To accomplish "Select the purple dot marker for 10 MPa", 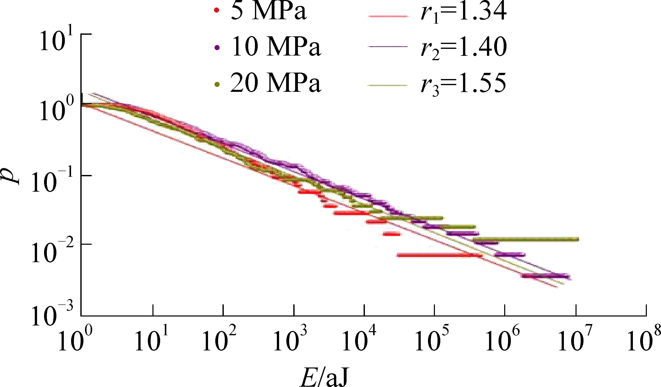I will click(x=217, y=47).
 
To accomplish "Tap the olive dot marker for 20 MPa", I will click(x=217, y=84).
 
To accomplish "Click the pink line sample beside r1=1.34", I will click(x=388, y=16).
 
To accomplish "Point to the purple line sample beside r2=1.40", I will click(x=388, y=47).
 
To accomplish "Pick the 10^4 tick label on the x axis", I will click(x=359, y=341).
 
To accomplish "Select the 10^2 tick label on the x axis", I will click(x=219, y=341).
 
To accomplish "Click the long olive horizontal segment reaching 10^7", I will click(x=525, y=239).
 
